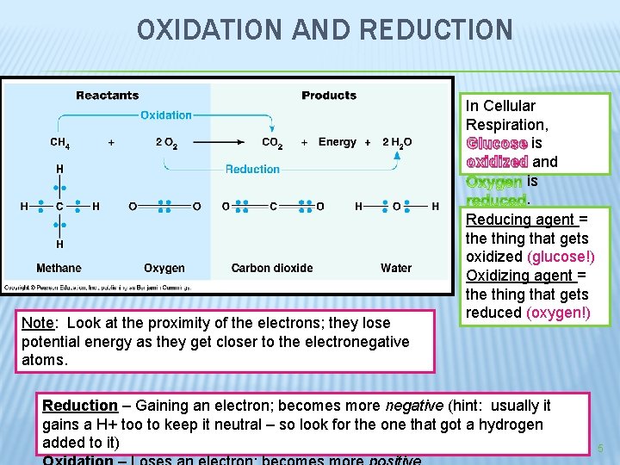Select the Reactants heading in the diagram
pos(107,95)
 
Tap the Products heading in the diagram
pos(329,95)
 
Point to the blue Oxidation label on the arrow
pos(165,115)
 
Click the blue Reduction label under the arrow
pos(252,169)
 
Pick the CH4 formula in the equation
pos(60,142)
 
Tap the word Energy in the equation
pos(337,142)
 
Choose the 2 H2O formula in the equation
pos(397,142)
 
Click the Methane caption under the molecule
pos(59,268)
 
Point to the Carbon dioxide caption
pos(272,268)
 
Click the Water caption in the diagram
pos(396,268)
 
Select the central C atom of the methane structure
pos(59,206)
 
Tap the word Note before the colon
pos(37,323)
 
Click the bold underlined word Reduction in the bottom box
pos(80,406)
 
